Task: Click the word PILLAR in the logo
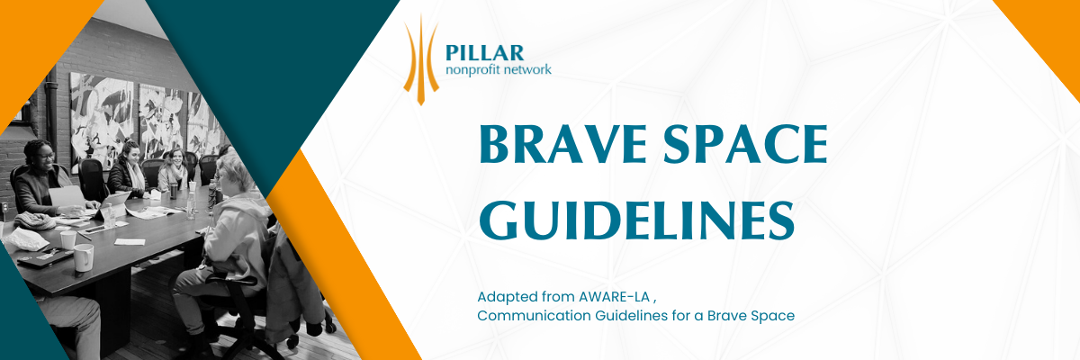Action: pos(484,53)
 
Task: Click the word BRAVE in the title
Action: pos(562,144)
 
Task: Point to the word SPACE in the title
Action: pos(745,144)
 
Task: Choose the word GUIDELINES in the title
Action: pos(636,220)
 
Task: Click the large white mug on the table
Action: pos(83,257)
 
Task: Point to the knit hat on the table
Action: pos(35,221)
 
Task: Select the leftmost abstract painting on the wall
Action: pos(102,121)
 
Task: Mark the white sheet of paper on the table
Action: pos(130,241)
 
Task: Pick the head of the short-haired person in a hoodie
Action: pos(235,174)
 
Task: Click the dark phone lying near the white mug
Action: pos(44,256)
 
